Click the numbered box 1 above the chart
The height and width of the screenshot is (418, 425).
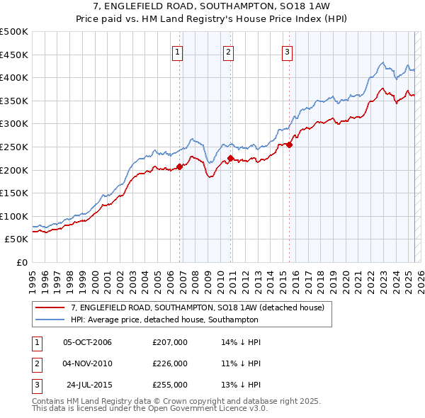point(176,50)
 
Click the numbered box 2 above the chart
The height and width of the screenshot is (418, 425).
point(228,50)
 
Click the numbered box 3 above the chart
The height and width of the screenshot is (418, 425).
point(287,50)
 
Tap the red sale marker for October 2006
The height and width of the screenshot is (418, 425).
point(179,166)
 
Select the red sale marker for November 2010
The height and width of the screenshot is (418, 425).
point(231,158)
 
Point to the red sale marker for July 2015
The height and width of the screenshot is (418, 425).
point(290,145)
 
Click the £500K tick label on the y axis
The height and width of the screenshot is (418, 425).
point(14,32)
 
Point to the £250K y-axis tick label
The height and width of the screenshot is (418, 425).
point(14,147)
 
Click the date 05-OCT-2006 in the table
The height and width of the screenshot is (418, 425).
point(87,342)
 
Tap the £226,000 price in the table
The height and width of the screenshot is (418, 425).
point(170,363)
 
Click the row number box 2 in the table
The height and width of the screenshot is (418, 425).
point(36,363)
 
